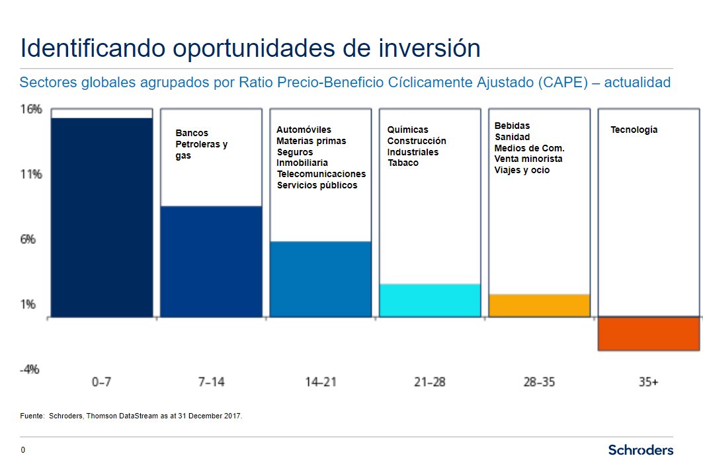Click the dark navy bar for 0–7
click(101, 217)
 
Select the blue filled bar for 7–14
click(211, 261)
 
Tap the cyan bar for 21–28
click(429, 300)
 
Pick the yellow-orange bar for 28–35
click(539, 305)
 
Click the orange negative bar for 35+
click(648, 334)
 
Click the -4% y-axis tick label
click(30, 369)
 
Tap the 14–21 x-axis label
click(321, 382)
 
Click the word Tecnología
click(634, 130)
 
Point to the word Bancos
click(192, 133)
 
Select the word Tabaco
click(403, 163)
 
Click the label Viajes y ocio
click(522, 171)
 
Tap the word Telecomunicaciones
click(321, 174)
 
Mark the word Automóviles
click(304, 130)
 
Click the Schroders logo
click(640, 450)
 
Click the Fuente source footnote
click(132, 416)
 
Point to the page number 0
click(23, 450)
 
